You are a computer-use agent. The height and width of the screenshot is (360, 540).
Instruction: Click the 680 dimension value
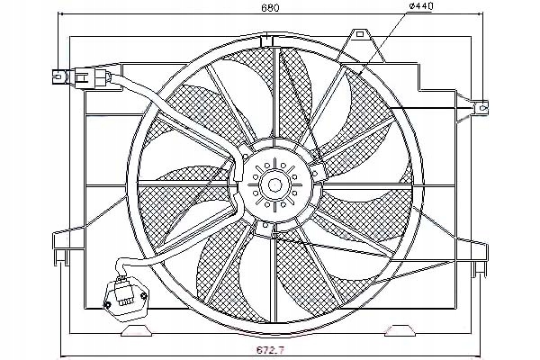pos(270,7)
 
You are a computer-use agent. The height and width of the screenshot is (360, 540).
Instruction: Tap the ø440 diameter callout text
pos(421,6)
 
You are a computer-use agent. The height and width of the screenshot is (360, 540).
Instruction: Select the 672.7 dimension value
pos(270,351)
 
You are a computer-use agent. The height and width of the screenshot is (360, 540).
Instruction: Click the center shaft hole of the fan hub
pos(274,184)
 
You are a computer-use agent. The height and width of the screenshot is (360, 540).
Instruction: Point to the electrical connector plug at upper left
pos(82,77)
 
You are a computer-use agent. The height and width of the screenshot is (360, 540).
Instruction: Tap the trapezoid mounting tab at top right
pos(361,46)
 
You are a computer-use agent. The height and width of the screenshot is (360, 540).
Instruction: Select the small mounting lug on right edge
pos(480,109)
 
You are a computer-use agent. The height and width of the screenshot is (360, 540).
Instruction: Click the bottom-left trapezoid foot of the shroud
pos(138,330)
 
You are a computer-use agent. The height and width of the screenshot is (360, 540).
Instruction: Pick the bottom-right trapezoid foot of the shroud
pos(400,330)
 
